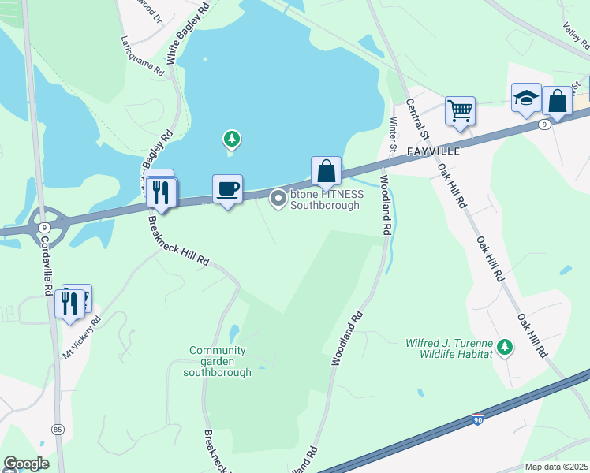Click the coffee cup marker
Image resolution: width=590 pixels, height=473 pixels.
click(x=227, y=189)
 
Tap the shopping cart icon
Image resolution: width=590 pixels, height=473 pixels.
click(x=460, y=110)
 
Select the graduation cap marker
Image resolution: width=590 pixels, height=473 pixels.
click(x=526, y=98)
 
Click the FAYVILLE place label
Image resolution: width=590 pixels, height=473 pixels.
click(x=432, y=151)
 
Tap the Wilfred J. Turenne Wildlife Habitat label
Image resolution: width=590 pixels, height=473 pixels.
click(x=449, y=348)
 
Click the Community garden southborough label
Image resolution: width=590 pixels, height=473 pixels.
click(x=218, y=361)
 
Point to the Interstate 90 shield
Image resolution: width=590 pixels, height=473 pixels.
click(x=478, y=419)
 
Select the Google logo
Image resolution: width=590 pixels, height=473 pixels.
click(x=26, y=464)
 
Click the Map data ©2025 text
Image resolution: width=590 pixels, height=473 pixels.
click(x=556, y=467)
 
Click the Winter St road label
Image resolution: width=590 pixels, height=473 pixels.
click(x=393, y=132)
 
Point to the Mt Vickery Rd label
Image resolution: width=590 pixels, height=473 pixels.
click(x=83, y=337)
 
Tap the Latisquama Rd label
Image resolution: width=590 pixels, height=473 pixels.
click(x=143, y=55)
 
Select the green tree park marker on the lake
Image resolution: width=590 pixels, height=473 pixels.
click(x=231, y=140)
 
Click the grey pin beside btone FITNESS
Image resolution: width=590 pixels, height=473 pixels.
click(x=278, y=199)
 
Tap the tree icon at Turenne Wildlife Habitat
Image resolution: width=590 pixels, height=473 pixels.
click(x=505, y=347)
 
